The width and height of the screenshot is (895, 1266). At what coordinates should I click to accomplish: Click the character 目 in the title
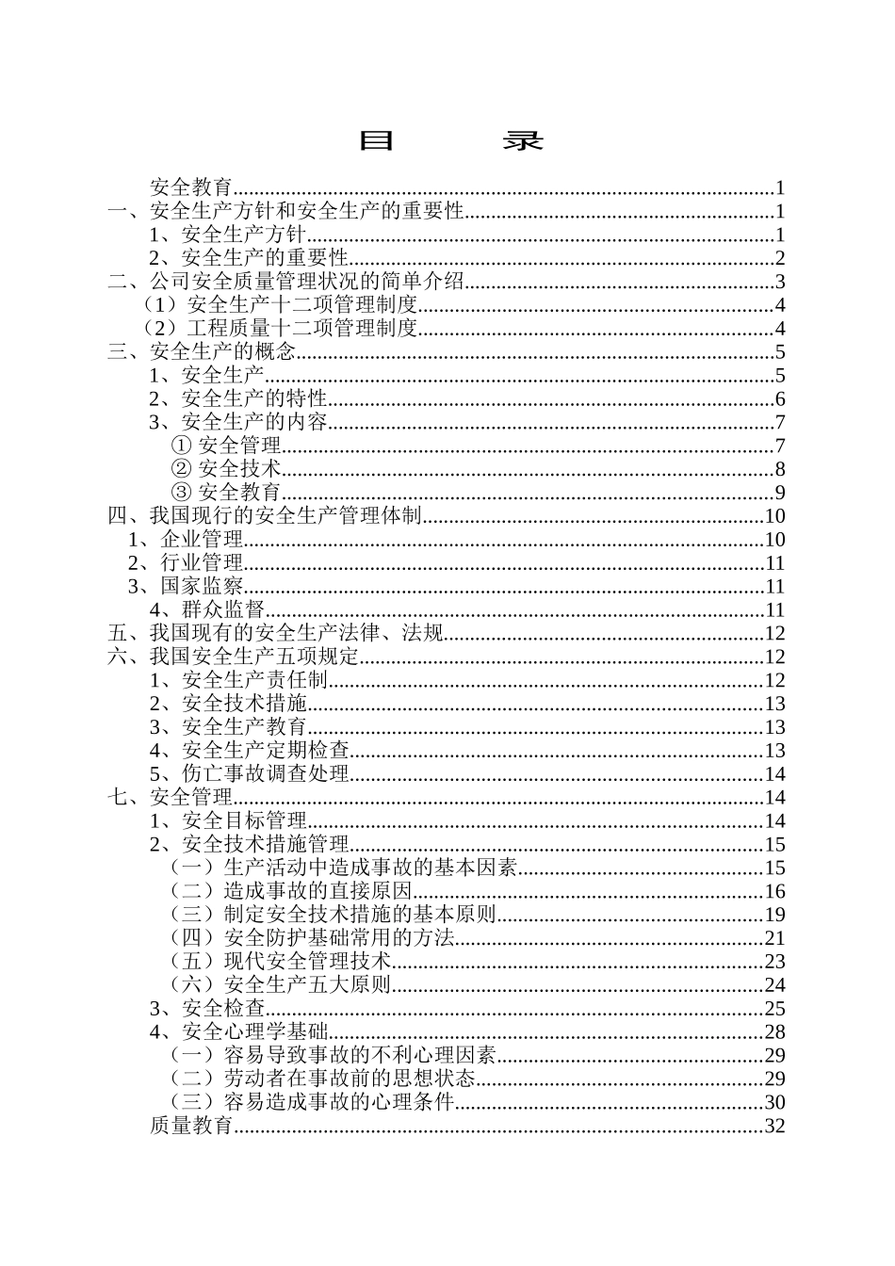coord(376,141)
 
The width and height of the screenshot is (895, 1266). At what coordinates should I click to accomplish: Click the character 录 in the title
coord(522,141)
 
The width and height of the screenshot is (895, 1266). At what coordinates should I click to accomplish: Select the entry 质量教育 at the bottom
coord(191,1126)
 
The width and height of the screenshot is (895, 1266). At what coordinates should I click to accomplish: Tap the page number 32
coord(774,1126)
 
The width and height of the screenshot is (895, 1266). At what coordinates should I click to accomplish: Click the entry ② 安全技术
coord(226,469)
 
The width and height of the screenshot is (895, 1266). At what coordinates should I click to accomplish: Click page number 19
coord(774,915)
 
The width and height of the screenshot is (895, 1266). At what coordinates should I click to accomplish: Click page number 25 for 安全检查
coord(774,1009)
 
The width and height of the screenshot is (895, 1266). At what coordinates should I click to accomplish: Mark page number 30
coord(774,1102)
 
